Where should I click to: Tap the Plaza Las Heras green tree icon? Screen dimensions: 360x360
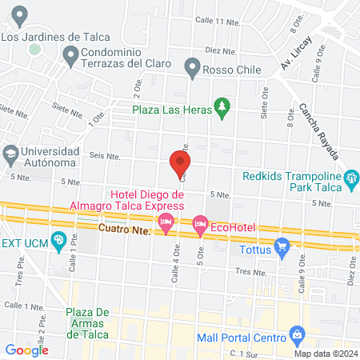222,106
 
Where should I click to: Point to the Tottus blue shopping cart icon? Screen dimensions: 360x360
282,248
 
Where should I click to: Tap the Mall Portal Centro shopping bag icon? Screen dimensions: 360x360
296,332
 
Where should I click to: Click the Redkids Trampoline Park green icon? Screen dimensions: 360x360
350,178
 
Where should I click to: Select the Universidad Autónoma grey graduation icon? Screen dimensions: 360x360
10,152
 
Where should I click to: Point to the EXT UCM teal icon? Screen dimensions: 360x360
58,240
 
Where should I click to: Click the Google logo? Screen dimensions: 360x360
26,350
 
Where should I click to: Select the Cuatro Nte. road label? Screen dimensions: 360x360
126,230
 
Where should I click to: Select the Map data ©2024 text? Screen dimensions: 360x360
324,354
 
